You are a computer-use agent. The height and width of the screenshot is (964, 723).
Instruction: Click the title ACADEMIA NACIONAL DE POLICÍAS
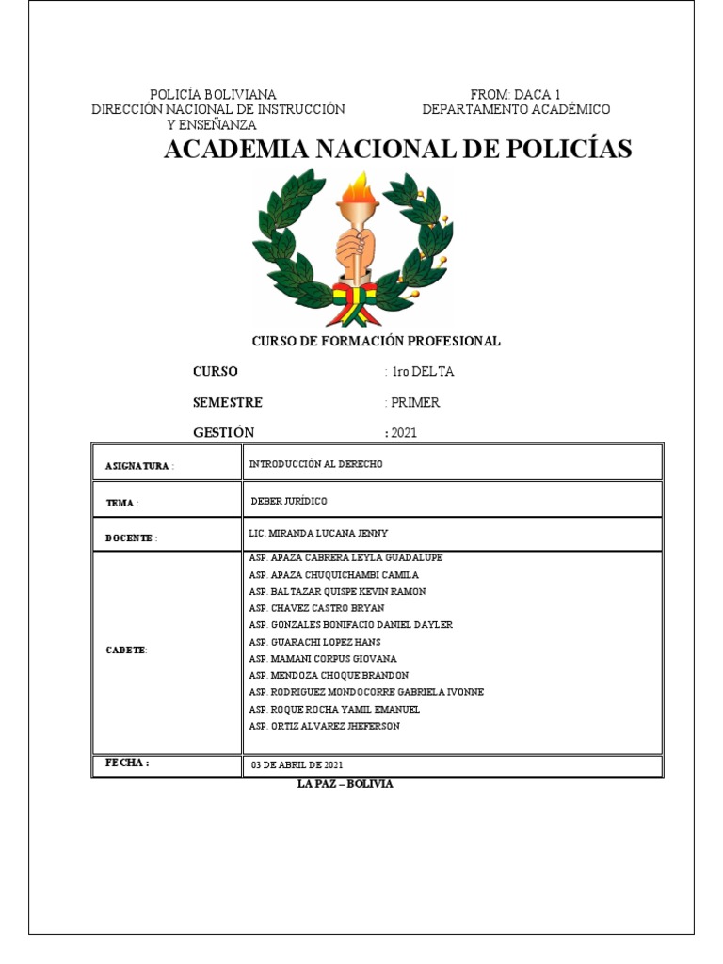(397, 149)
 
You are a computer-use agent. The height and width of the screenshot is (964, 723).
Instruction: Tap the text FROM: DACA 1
(515, 94)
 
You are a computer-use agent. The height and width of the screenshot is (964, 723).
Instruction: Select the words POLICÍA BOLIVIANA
(214, 94)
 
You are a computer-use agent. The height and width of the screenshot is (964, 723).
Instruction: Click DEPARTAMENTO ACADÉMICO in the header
(515, 109)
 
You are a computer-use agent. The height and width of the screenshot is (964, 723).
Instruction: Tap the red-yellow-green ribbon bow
(357, 299)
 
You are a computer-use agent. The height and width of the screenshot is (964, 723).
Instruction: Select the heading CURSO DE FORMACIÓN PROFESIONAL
(375, 341)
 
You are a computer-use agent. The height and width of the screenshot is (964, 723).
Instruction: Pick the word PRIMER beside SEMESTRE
(415, 402)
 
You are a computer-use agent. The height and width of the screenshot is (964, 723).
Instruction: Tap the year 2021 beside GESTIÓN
(403, 433)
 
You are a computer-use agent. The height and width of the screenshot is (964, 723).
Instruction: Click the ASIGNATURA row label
(140, 466)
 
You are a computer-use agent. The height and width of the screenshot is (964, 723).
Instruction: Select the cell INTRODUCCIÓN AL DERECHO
(315, 464)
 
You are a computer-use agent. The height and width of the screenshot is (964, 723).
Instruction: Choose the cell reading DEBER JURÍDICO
(289, 501)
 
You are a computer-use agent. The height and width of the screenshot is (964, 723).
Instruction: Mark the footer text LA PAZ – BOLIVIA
(345, 784)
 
